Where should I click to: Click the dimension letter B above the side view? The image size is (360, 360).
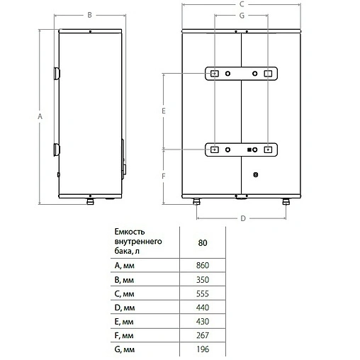point(89,14)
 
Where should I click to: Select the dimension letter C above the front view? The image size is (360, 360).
point(242,4)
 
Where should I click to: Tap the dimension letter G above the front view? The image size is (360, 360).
point(242,15)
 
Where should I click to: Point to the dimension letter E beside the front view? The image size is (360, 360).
point(163,111)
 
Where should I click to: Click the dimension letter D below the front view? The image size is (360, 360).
point(242,218)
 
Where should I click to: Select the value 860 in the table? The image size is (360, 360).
point(203,265)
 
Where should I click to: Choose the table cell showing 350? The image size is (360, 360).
point(203,280)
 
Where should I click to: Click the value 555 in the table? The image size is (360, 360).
point(203,295)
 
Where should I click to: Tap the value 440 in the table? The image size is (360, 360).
point(203,310)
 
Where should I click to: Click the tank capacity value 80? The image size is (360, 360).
point(203,242)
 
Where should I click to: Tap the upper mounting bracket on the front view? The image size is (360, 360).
point(241,74)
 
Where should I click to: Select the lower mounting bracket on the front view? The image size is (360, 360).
point(241,150)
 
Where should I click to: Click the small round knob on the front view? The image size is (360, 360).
point(256,173)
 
